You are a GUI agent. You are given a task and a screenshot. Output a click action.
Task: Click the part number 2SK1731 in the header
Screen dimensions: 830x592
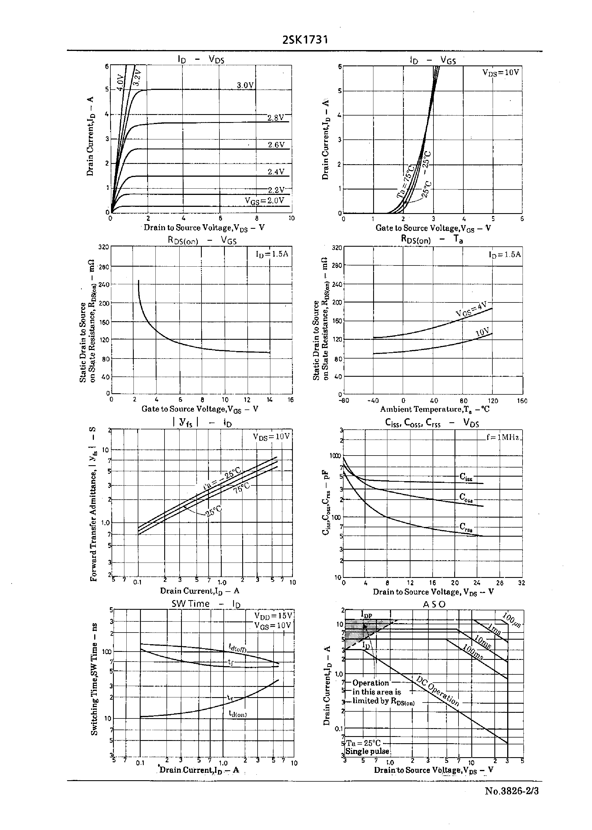tap(305, 40)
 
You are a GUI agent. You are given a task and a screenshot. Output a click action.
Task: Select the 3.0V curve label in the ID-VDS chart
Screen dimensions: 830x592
tap(245, 85)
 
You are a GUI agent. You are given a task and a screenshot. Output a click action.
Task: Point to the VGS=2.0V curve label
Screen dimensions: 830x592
tap(264, 201)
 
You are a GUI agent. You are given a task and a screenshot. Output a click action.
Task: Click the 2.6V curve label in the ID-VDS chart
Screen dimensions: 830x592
tap(276, 145)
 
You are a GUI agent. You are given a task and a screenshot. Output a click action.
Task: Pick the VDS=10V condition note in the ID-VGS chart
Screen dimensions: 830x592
tap(501, 72)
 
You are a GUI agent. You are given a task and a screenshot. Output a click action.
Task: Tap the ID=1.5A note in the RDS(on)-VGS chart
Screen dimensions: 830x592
tap(272, 254)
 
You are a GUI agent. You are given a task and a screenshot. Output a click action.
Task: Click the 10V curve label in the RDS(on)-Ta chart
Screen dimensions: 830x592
tap(483, 332)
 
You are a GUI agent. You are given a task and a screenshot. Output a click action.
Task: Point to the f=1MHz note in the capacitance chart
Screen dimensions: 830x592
tap(503, 437)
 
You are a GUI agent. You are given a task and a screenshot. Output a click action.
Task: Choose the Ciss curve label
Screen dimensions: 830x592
tap(466, 477)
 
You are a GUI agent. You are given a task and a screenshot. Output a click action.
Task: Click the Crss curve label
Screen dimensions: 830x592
tap(466, 527)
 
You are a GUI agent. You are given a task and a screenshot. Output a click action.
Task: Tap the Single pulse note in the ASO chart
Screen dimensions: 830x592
tap(367, 751)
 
